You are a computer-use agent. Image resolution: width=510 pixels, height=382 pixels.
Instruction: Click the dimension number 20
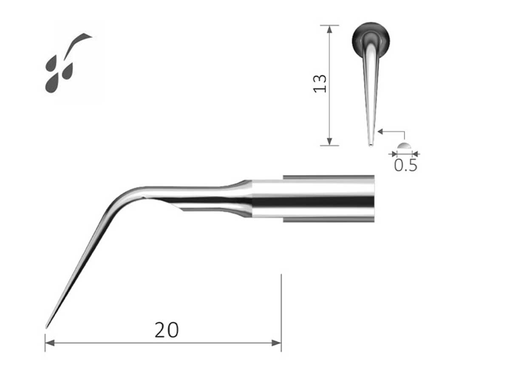click(x=166, y=330)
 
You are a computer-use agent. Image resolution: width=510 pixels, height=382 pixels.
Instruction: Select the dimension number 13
click(x=320, y=84)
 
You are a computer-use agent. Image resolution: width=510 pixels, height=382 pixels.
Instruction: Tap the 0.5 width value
click(x=405, y=165)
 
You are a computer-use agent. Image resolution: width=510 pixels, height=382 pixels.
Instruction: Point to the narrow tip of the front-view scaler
click(x=371, y=143)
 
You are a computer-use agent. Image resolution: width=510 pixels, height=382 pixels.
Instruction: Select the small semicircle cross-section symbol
click(x=404, y=146)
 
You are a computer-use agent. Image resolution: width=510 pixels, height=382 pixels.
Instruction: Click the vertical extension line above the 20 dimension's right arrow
click(x=281, y=306)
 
